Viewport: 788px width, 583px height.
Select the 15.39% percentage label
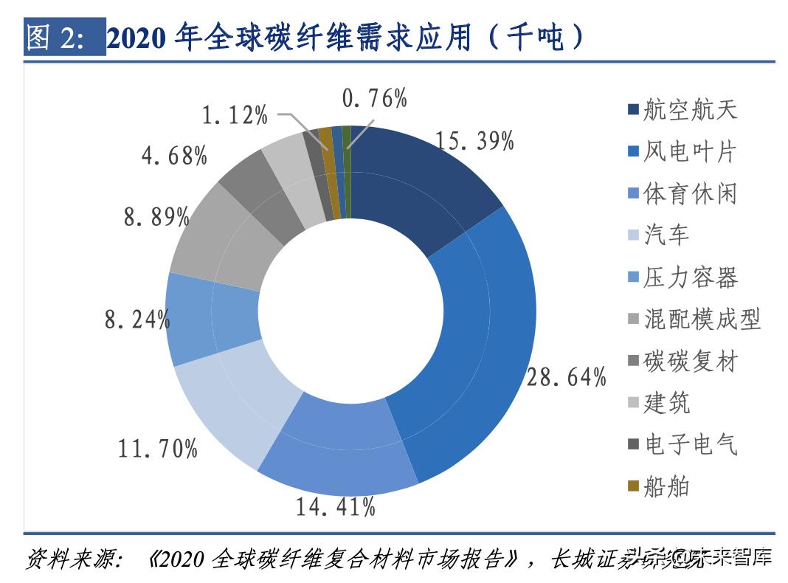474,140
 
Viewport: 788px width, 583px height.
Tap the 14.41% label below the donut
336,506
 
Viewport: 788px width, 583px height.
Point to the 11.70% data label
158,447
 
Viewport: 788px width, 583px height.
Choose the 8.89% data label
156,217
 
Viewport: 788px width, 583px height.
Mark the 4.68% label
174,156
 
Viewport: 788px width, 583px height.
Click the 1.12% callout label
235,116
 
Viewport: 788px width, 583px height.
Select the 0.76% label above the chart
375,98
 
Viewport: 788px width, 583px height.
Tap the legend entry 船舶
666,487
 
